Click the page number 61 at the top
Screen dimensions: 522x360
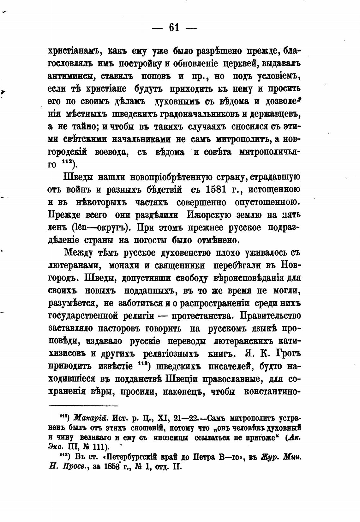tap(174, 28)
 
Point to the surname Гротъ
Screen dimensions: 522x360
tap(288, 354)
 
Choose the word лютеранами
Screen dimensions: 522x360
tap(70, 265)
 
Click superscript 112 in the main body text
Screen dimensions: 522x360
tap(67, 162)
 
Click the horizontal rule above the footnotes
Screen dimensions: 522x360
tap(83, 405)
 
